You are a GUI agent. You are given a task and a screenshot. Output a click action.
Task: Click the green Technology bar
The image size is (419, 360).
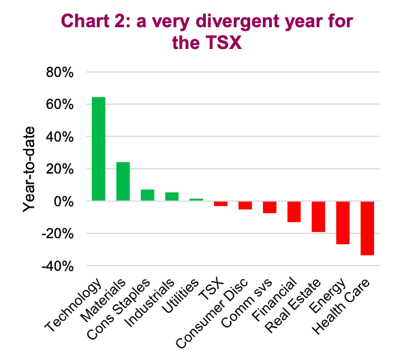[x=99, y=149]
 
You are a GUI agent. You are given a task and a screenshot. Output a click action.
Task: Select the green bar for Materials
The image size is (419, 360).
[x=123, y=181]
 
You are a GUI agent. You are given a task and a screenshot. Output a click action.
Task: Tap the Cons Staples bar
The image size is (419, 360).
[x=148, y=195]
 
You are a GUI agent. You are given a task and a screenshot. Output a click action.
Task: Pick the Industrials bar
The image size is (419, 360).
[x=172, y=197]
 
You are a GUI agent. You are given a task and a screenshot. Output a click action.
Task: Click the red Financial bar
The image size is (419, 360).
[x=294, y=212]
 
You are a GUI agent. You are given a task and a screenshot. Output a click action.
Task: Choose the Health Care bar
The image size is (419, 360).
[x=367, y=228]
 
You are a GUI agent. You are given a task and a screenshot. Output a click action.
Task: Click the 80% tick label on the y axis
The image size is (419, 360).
[x=60, y=72]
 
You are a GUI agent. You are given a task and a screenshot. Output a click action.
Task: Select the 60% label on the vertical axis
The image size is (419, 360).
[x=60, y=104]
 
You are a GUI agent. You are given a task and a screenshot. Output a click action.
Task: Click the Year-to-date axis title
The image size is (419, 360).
[x=29, y=170]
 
